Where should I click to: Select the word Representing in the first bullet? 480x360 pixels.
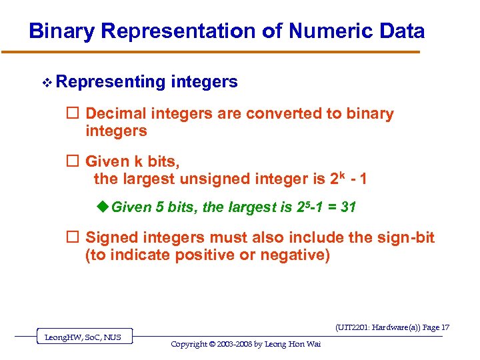pyautogui.click(x=111, y=82)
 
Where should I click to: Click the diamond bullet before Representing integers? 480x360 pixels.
pyautogui.click(x=46, y=83)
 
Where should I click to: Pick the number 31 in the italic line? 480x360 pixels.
pyautogui.click(x=348, y=207)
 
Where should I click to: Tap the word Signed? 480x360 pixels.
pyautogui.click(x=111, y=237)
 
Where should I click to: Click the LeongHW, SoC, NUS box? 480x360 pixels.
pyautogui.click(x=83, y=337)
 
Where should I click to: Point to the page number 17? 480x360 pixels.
pyautogui.click(x=445, y=327)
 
